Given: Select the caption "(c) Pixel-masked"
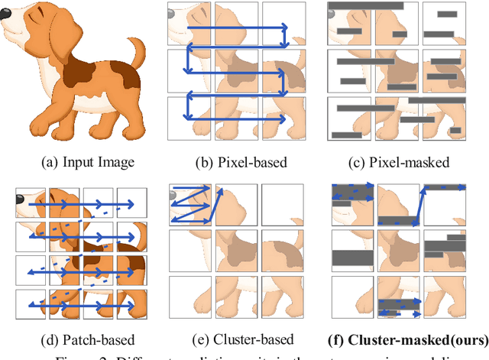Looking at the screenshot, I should pyautogui.click(x=399, y=161).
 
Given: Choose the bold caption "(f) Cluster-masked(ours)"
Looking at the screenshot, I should pyautogui.click(x=400, y=339).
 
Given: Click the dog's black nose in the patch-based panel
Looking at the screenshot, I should pyautogui.click(x=19, y=200).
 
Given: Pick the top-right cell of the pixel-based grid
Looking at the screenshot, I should pyautogui.click(x=283, y=22).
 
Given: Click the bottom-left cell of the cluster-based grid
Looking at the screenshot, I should pyautogui.click(x=190, y=298).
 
